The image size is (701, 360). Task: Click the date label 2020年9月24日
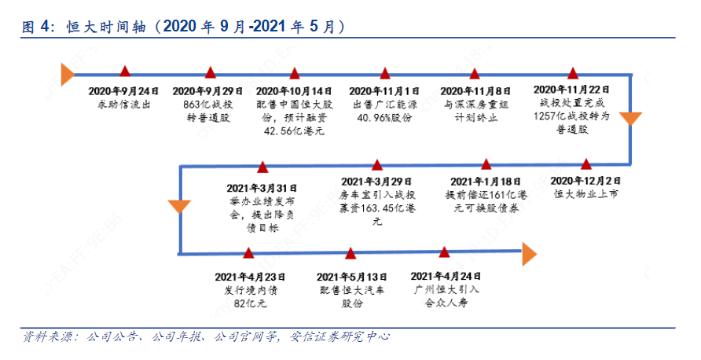[x=123, y=91]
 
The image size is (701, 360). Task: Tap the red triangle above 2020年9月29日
[x=210, y=72]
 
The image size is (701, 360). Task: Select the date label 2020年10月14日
[x=294, y=91]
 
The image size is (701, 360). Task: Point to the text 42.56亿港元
[x=294, y=131]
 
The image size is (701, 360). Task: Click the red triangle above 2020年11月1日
[x=385, y=73]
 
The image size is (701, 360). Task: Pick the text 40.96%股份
[x=384, y=118]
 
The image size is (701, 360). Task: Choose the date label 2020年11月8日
[x=475, y=91]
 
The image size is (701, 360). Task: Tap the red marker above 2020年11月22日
[x=573, y=73]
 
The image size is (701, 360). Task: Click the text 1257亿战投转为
[x=571, y=116]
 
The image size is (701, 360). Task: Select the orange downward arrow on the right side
[x=630, y=119]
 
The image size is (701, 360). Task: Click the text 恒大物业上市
[x=585, y=194]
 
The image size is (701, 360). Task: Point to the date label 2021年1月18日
[x=486, y=182]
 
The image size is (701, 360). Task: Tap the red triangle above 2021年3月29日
[x=377, y=164]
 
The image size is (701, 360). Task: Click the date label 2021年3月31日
[x=262, y=189]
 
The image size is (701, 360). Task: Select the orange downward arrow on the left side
[x=179, y=207]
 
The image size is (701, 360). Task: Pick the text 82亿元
[x=251, y=303]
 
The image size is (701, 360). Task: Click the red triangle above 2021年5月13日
[x=350, y=254]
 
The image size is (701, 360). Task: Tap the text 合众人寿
[x=446, y=303]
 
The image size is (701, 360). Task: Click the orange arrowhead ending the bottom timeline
[x=530, y=254]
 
